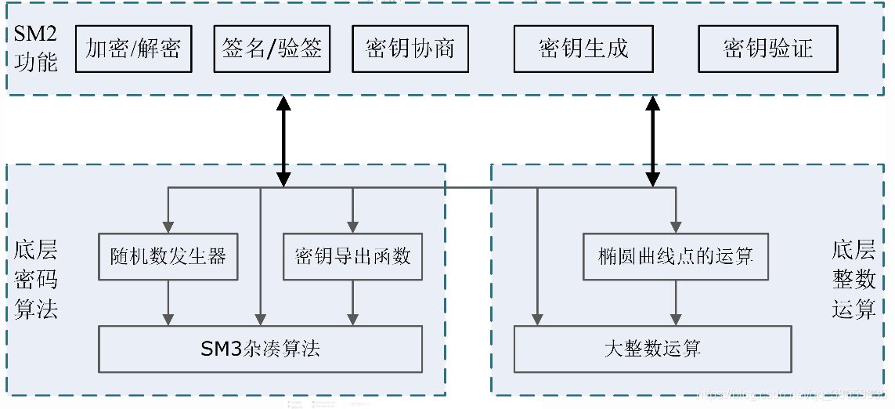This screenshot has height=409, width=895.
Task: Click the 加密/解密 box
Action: (133, 49)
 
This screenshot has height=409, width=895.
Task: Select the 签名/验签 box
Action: (272, 49)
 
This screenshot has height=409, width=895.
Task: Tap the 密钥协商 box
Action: (410, 49)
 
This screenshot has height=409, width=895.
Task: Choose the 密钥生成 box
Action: (583, 49)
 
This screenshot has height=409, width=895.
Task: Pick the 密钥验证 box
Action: (767, 49)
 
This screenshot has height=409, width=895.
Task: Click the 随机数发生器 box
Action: (168, 256)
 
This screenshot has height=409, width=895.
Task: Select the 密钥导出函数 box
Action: (352, 256)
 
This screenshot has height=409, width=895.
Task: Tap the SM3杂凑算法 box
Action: (260, 349)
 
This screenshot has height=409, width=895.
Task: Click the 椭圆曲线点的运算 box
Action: (676, 256)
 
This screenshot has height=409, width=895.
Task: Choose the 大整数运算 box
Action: (652, 349)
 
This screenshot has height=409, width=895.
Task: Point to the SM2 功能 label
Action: (36, 49)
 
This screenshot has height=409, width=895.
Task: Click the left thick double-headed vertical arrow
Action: (283, 141)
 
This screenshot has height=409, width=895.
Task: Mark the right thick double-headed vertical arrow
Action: (652, 141)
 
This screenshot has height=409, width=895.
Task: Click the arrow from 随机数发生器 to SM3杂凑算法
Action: (168, 302)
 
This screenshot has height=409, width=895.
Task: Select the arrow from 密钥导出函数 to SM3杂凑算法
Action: (352, 302)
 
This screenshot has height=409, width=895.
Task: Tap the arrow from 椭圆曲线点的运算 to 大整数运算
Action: (676, 302)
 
